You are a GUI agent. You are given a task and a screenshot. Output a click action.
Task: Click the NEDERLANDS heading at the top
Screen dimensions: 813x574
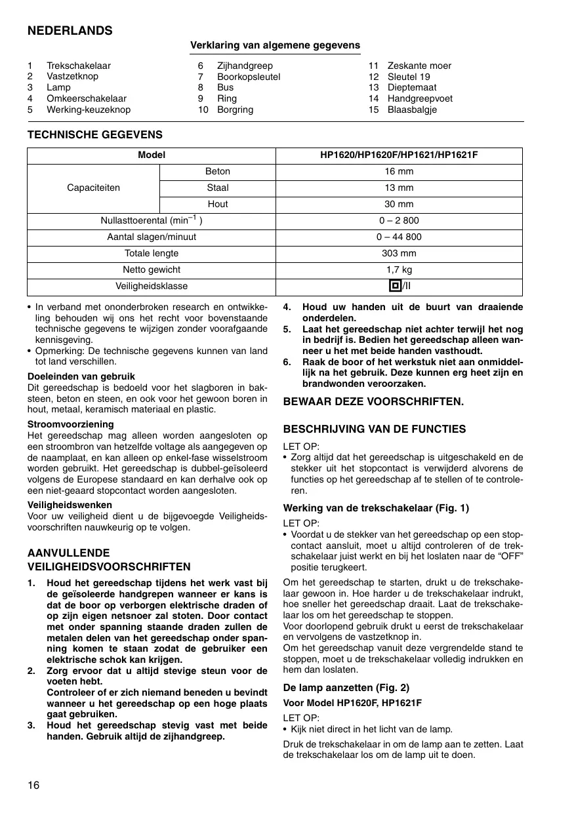[x=70, y=31]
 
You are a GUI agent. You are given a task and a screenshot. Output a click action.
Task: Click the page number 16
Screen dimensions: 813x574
[x=33, y=785]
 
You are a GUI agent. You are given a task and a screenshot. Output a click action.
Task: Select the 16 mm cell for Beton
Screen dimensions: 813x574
[x=399, y=172]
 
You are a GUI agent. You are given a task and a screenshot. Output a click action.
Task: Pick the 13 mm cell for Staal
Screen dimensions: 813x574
[x=399, y=188]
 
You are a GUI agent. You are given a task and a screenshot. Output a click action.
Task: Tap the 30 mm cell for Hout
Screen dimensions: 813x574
[x=399, y=205]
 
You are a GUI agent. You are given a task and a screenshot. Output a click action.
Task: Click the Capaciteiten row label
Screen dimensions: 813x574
[x=93, y=188]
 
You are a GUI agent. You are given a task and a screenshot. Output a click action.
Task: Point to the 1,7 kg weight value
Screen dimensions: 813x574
[x=399, y=270]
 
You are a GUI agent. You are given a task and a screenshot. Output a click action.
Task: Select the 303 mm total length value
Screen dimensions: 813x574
[x=399, y=254]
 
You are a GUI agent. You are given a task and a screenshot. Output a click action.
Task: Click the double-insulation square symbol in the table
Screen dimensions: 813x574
[x=394, y=286]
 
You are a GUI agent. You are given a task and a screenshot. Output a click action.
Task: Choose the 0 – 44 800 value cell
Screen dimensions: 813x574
[x=399, y=237]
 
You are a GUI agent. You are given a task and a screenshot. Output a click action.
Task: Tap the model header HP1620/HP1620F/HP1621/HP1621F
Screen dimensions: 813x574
[x=399, y=155]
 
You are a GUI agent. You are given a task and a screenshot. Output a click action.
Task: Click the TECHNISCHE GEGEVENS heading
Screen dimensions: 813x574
[x=94, y=134]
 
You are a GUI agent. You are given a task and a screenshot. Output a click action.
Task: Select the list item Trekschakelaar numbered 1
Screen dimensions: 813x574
[x=78, y=66]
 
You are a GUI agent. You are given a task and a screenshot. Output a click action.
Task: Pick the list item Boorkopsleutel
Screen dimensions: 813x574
[x=248, y=77]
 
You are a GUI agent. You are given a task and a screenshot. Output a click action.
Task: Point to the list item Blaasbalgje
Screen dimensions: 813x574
[x=411, y=109]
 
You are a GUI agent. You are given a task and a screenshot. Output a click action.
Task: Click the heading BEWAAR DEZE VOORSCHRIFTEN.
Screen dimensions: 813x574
[x=373, y=401]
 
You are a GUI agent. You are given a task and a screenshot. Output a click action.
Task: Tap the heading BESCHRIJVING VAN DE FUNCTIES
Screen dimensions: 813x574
[x=374, y=429]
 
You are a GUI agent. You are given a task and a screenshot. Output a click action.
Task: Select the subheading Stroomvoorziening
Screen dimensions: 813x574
[x=70, y=424]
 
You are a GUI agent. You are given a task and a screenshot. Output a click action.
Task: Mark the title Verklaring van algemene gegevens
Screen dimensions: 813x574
[x=275, y=45]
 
